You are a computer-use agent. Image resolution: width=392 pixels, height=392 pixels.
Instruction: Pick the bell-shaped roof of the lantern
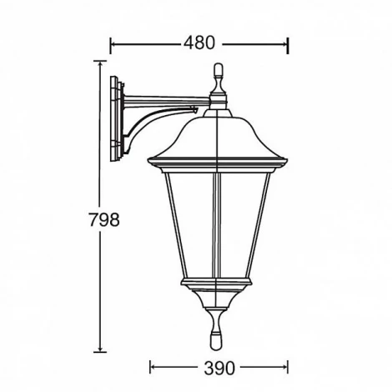(x=219, y=133)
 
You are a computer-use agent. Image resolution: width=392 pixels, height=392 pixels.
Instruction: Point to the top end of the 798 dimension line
(x=101, y=61)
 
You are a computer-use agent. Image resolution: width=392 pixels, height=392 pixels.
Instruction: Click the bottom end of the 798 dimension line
(x=101, y=351)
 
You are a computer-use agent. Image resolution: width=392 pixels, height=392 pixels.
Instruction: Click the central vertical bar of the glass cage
(x=219, y=225)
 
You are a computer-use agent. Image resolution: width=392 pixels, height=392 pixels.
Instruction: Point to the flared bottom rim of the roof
(x=219, y=158)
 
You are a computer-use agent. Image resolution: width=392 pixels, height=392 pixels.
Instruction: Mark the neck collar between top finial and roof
(x=219, y=102)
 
